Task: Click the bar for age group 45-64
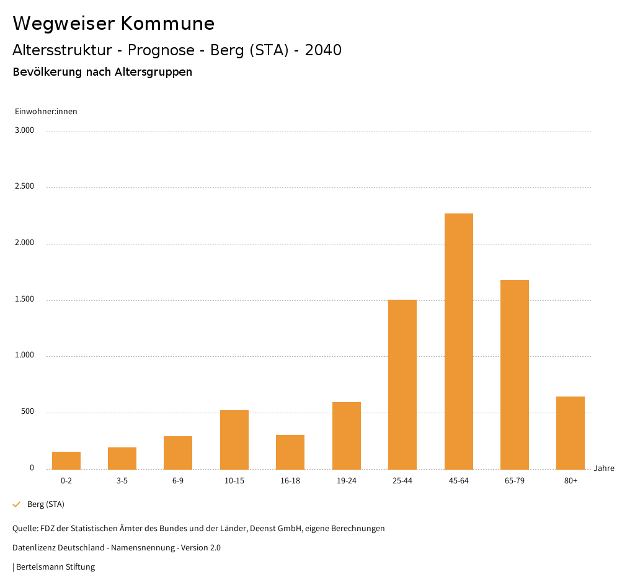(x=458, y=341)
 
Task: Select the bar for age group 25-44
(x=402, y=385)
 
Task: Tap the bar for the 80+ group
(x=571, y=433)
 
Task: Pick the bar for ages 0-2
(x=66, y=460)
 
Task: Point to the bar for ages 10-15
(x=234, y=440)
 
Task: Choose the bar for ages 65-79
(x=515, y=375)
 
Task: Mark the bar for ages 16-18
(x=290, y=452)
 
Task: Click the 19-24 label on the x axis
(x=347, y=481)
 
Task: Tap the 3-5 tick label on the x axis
(x=122, y=481)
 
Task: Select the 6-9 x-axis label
(x=178, y=481)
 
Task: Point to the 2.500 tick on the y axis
(x=24, y=187)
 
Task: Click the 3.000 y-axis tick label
(x=24, y=130)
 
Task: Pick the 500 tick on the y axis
(x=27, y=412)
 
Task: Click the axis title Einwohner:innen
(x=46, y=112)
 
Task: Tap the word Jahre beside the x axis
(x=604, y=468)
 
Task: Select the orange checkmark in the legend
(x=17, y=504)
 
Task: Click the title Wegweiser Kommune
(x=113, y=24)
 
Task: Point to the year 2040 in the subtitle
(x=323, y=50)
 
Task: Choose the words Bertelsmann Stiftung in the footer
(x=55, y=567)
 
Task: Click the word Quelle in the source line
(x=24, y=529)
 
